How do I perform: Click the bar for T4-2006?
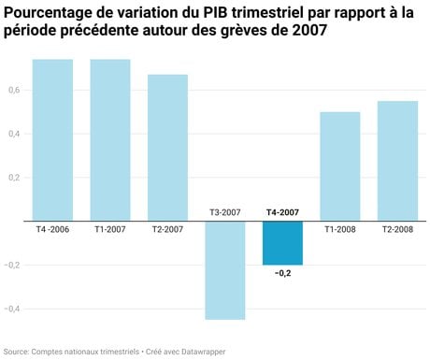click(52, 140)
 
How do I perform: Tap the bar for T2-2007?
click(167, 148)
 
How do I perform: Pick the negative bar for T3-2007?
click(225, 270)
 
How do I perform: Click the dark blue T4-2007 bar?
click(282, 243)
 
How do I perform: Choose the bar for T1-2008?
click(340, 166)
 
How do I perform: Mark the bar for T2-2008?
click(397, 161)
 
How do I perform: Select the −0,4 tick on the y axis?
click(10, 309)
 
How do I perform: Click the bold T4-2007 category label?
click(282, 213)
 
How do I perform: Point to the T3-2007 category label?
click(225, 213)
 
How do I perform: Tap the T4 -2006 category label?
click(52, 229)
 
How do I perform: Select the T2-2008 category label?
click(397, 229)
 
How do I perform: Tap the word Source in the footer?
click(15, 351)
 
